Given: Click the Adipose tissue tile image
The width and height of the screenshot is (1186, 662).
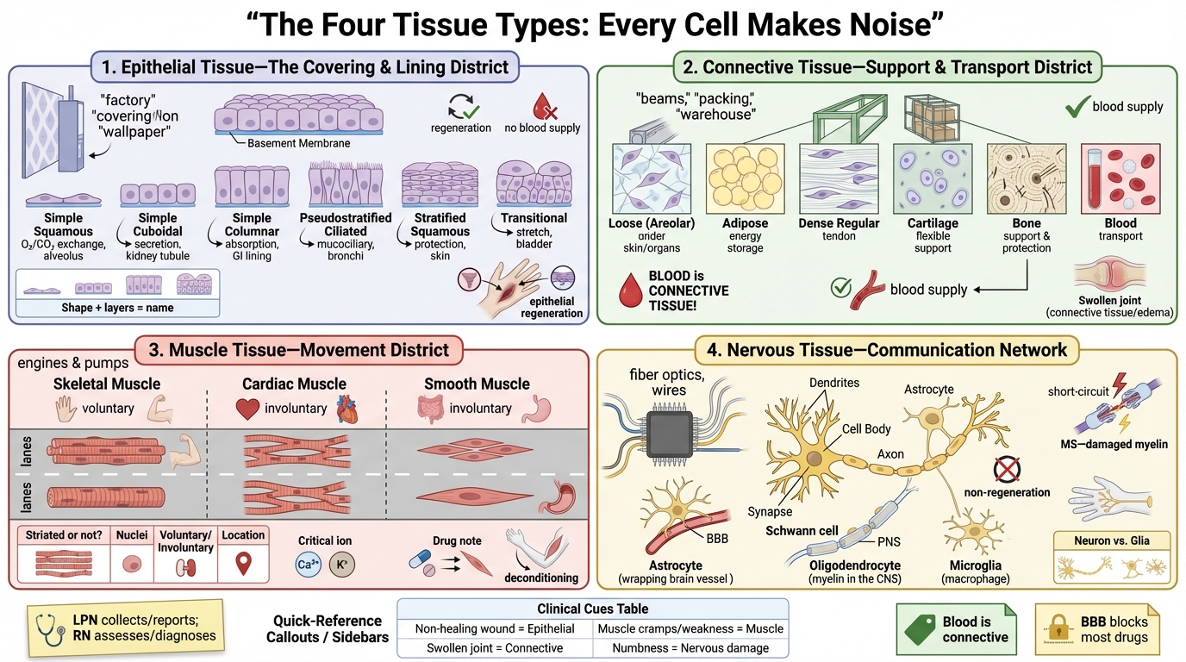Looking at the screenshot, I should point(745,177).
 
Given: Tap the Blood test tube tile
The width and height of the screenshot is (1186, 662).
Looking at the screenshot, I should point(1120,177).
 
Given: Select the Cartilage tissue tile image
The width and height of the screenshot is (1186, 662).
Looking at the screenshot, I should point(933,177).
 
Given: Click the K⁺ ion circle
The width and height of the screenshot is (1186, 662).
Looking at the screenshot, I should point(342,565).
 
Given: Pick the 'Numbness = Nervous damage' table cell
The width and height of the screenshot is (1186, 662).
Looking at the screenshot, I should point(690,647).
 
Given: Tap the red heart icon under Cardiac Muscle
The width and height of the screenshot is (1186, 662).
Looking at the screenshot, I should point(248,409).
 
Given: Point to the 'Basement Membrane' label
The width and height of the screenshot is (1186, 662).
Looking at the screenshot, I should point(298,143).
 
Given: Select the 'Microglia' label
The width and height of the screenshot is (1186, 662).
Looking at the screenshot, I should point(976,565).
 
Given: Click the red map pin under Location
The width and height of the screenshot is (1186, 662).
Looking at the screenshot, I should point(243,565).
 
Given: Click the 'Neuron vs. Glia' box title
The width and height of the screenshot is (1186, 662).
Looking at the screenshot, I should point(1111,540).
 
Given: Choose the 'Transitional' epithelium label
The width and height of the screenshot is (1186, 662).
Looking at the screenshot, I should point(534,218).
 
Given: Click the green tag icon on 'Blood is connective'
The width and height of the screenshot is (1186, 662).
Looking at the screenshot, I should point(920,629).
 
